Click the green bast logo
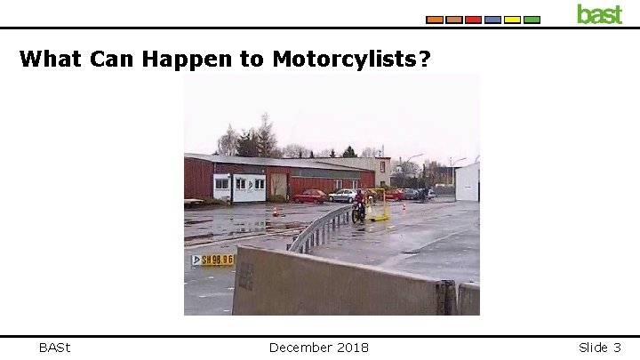point(599,14)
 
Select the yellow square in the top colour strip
point(512,20)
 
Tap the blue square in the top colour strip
point(492,20)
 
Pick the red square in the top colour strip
point(473,20)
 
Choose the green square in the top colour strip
point(532,20)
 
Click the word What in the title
point(52,60)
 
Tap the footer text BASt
point(55,347)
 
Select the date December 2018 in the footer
point(319,347)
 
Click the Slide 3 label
point(599,347)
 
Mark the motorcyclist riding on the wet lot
point(358,206)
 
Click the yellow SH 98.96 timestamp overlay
point(213,260)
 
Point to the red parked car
point(310,196)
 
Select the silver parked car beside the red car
point(342,196)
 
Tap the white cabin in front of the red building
point(239,187)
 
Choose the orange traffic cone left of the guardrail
point(276,212)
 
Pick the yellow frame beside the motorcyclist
point(380,205)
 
